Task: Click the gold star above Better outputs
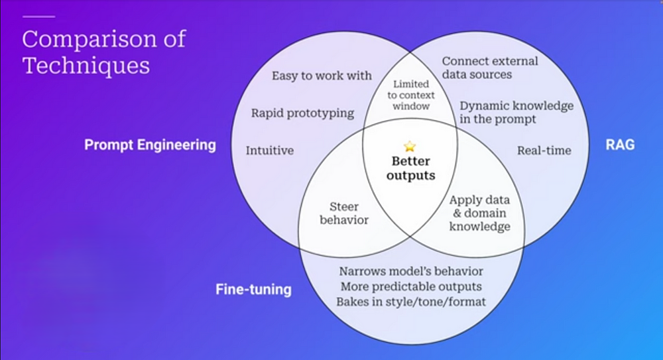pyautogui.click(x=410, y=146)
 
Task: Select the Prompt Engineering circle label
pyautogui.click(x=150, y=145)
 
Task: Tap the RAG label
pyautogui.click(x=620, y=144)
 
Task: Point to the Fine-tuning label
pyautogui.click(x=253, y=290)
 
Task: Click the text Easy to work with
pyautogui.click(x=322, y=76)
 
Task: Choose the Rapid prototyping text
pyautogui.click(x=302, y=113)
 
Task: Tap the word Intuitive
pyautogui.click(x=269, y=150)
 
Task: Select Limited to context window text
pyautogui.click(x=411, y=95)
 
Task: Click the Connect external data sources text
pyautogui.click(x=490, y=68)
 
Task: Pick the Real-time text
pyautogui.click(x=544, y=150)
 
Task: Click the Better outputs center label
pyautogui.click(x=410, y=168)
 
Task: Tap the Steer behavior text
pyautogui.click(x=343, y=213)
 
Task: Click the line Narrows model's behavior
pyautogui.click(x=411, y=271)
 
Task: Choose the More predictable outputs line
pyautogui.click(x=411, y=286)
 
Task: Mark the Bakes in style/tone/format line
pyautogui.click(x=411, y=302)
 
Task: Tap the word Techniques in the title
pyautogui.click(x=86, y=66)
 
